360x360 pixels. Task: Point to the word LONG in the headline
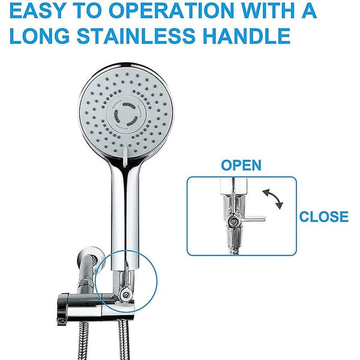click(40, 36)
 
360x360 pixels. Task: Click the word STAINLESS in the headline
click(136, 36)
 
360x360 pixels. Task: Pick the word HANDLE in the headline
click(247, 36)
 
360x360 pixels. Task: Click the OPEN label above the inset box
click(241, 165)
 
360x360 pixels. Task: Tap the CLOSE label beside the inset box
click(324, 217)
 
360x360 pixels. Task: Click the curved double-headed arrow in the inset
click(273, 199)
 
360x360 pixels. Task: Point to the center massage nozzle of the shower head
click(127, 113)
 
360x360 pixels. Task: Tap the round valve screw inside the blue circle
click(125, 295)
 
